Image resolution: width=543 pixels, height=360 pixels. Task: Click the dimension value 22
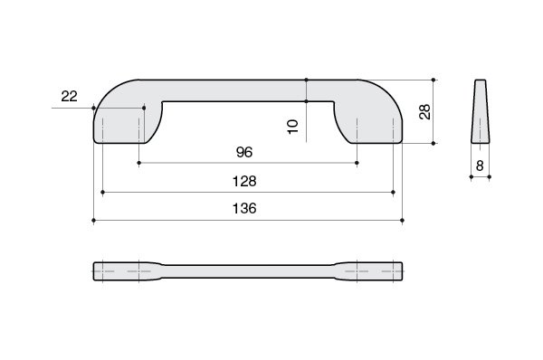70,96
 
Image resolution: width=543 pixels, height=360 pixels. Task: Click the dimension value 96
244,152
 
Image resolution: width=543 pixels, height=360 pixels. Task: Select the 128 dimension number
244,182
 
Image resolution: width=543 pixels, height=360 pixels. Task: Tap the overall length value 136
244,208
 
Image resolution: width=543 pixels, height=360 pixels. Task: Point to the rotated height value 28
425,112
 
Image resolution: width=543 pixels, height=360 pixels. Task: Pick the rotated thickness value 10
293,127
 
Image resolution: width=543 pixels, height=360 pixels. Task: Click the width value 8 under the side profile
480,166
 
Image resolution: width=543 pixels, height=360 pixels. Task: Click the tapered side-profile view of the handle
480,111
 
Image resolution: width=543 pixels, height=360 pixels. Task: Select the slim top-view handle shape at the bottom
248,271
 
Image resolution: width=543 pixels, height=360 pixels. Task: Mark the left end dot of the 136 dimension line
93,220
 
